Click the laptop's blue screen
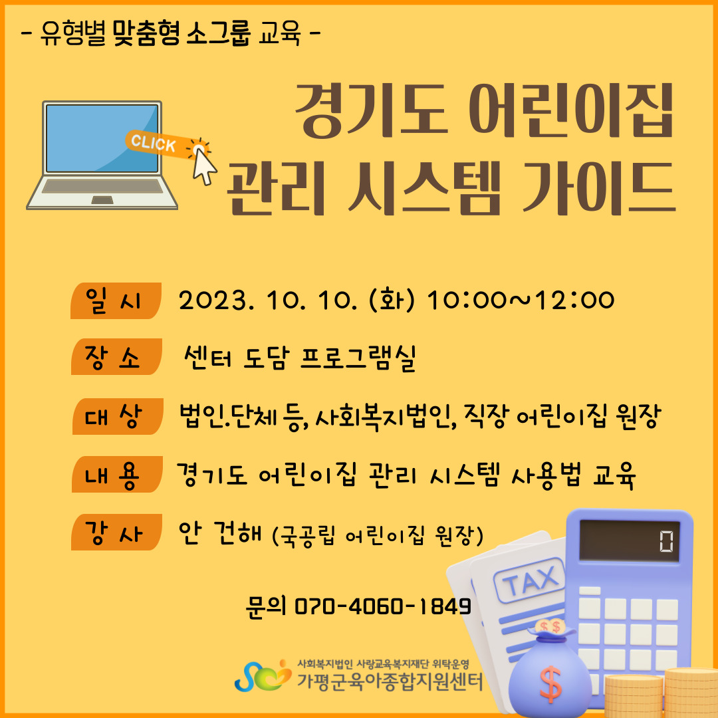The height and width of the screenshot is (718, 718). pyautogui.click(x=102, y=138)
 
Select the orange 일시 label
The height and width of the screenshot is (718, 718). pyautogui.click(x=116, y=301)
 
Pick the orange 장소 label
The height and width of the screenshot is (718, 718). pyautogui.click(x=116, y=357)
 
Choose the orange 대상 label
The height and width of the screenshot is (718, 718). pyautogui.click(x=118, y=416)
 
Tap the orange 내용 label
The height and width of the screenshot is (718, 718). pyautogui.click(x=117, y=474)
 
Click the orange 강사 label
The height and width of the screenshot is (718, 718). pyautogui.click(x=116, y=532)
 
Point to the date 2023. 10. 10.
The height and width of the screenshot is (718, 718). pyautogui.click(x=267, y=300)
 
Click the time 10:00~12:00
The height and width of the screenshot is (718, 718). pyautogui.click(x=520, y=300)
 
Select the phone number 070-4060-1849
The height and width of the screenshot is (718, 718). pyautogui.click(x=382, y=606)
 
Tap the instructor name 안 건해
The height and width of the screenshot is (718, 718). pyautogui.click(x=220, y=533)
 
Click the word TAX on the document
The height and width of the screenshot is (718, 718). pyautogui.click(x=531, y=580)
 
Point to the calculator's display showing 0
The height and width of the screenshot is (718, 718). pyautogui.click(x=629, y=540)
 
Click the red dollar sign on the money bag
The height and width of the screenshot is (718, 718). pyautogui.click(x=550, y=684)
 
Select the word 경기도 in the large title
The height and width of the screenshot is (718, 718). pyautogui.click(x=371, y=111)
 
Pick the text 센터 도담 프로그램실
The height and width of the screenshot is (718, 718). pyautogui.click(x=299, y=358)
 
